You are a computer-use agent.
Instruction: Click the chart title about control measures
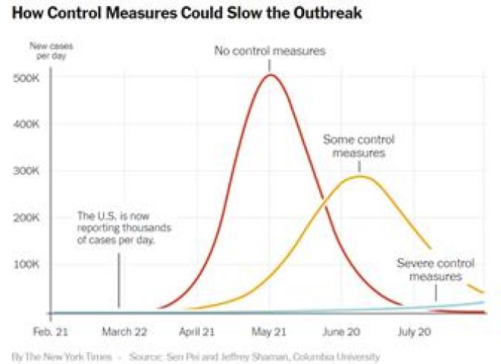coord(187,14)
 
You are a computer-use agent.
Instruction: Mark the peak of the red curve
coord(271,75)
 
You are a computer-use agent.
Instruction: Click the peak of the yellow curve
coord(360,176)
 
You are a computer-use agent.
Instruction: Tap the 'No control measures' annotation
coord(270,51)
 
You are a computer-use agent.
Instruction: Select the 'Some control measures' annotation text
coord(359,146)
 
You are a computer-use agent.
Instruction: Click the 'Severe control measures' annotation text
coord(435,269)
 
